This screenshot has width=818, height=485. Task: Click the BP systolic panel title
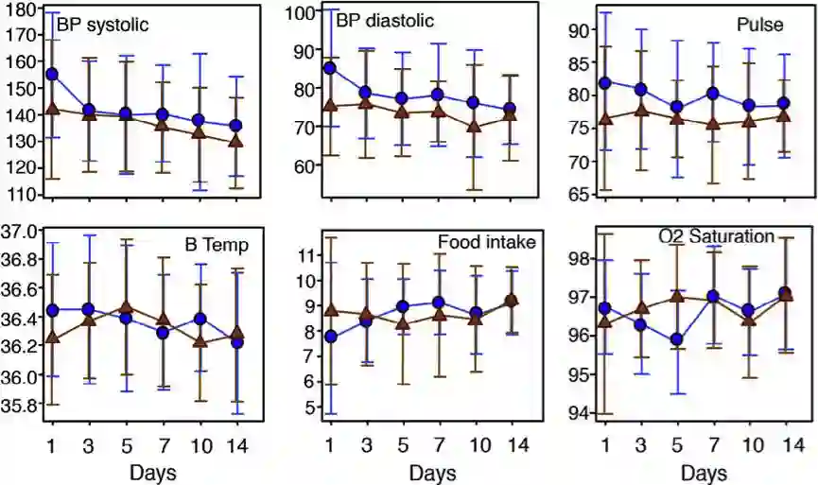pos(102,24)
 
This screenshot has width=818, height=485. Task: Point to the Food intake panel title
pos(487,242)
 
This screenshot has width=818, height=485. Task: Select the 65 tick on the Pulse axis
pos(578,195)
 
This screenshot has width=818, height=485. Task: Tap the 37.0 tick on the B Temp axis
pos(20,231)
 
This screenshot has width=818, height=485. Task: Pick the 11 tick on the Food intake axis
pos(305,255)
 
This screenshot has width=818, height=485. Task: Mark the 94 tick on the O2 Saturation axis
pos(580,413)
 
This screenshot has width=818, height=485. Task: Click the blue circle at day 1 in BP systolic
pos(52,74)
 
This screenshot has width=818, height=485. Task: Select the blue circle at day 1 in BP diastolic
pos(329,68)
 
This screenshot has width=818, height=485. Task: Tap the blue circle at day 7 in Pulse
pos(714,94)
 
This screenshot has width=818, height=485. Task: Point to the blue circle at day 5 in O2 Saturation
pos(676,339)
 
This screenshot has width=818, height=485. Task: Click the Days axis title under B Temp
pos(156,471)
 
